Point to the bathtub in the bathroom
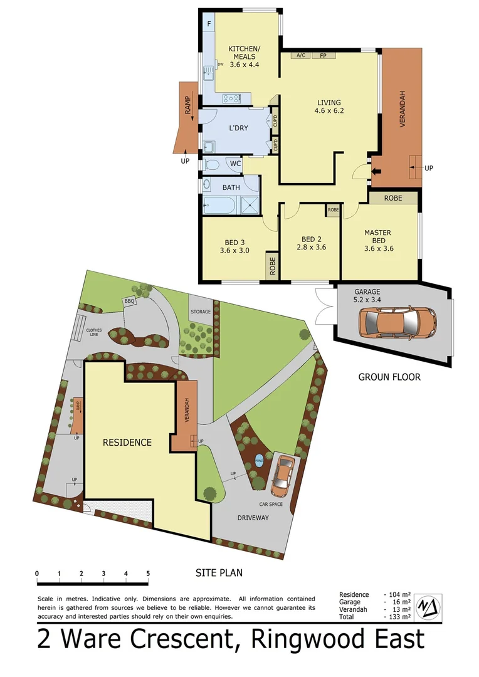tap(219, 205)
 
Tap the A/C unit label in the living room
tap(301, 56)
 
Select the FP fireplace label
tap(324, 56)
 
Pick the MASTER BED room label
tap(377, 237)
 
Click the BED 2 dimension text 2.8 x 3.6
tap(310, 247)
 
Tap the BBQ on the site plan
tap(130, 302)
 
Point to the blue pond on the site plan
tap(259, 463)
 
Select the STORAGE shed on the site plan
tap(201, 312)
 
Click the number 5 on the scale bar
tap(148, 574)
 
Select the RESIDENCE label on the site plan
tap(127, 442)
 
